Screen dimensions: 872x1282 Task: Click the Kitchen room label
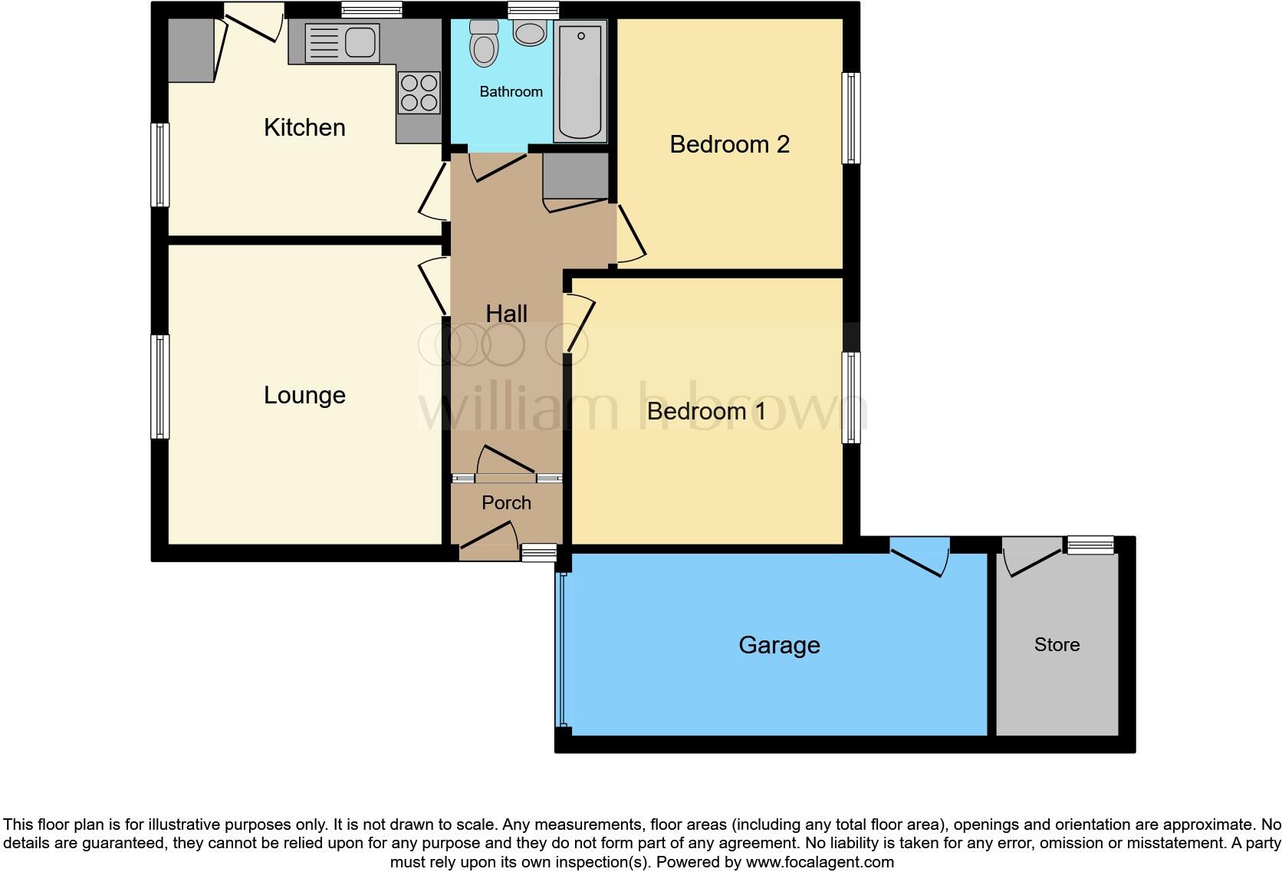[304, 127]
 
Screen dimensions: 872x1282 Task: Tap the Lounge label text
[304, 395]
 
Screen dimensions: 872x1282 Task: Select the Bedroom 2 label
[729, 144]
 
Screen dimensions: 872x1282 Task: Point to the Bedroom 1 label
[706, 411]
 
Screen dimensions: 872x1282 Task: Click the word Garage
[779, 645]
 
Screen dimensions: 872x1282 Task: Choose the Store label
[1057, 645]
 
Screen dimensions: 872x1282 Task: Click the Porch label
[506, 502]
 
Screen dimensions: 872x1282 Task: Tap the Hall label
[506, 314]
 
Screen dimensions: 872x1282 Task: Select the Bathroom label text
[511, 92]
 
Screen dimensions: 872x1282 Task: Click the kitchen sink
[342, 41]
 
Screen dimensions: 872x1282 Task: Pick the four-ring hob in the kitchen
[419, 92]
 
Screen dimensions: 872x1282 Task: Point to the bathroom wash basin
[529, 32]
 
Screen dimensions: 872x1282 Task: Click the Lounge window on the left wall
[159, 387]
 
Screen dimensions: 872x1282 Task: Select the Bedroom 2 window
[850, 118]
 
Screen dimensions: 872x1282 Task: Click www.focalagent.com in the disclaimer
[820, 862]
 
